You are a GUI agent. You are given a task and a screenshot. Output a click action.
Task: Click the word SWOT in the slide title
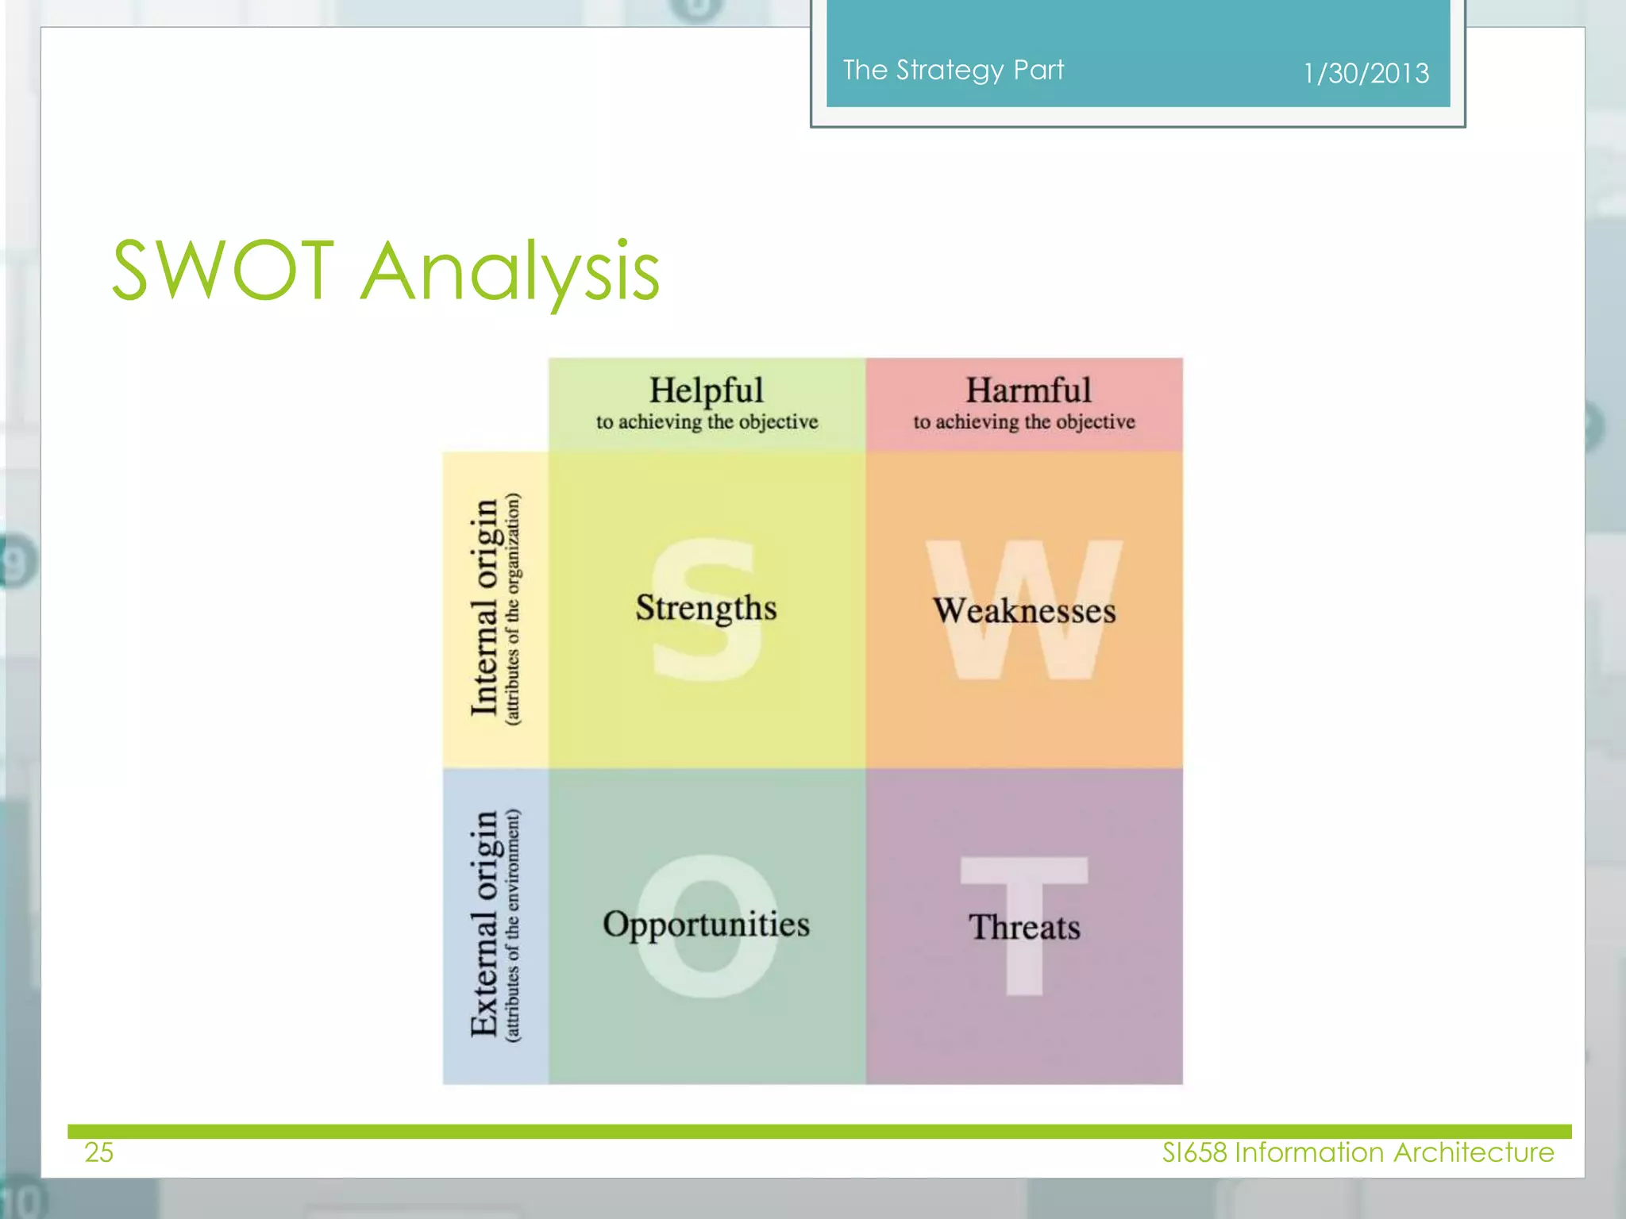(222, 271)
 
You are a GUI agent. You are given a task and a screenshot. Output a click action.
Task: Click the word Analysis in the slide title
(510, 274)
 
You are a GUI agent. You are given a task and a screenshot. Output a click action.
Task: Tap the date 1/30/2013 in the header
(1366, 74)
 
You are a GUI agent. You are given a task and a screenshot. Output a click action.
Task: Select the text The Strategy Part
(953, 70)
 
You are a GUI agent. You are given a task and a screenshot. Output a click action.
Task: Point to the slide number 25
(99, 1152)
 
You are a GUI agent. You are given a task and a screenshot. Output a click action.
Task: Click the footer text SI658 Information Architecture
(1358, 1152)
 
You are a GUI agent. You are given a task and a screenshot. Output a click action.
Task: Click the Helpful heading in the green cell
(706, 390)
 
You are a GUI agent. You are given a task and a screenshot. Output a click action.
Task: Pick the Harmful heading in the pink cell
(1028, 390)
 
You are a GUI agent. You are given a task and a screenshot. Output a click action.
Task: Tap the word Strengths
(706, 608)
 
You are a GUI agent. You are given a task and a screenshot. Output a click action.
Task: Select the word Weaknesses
(1024, 611)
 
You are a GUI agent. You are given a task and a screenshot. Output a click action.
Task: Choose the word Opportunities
(706, 925)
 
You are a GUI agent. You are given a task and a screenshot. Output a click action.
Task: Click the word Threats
(1024, 927)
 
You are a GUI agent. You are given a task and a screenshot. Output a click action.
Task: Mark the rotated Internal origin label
(484, 608)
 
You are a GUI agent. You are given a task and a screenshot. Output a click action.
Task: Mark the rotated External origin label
(484, 925)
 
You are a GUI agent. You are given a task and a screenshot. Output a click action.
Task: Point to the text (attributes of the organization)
(513, 608)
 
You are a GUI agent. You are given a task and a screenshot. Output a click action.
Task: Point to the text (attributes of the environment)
(513, 925)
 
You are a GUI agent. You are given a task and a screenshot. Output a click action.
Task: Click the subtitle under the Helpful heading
(707, 422)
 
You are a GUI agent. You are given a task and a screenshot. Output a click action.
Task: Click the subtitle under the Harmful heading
(1024, 422)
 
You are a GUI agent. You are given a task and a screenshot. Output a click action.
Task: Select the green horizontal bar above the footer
(818, 1131)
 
